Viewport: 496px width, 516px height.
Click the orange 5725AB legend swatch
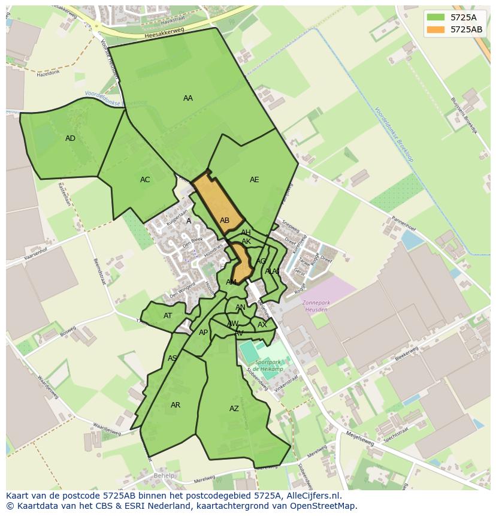coord(436,29)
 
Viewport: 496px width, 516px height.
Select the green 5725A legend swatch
coord(436,17)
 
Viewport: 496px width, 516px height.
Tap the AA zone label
coord(188,98)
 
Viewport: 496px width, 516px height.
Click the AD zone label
coord(70,138)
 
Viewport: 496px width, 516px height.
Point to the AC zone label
coord(145,180)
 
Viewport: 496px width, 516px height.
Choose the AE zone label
coord(255,180)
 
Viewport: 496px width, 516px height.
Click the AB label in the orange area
coord(225,221)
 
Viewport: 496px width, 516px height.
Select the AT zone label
coord(168,316)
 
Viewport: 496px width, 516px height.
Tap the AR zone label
coord(176,405)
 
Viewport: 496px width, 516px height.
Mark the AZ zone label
coord(234,409)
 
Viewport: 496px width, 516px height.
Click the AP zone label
coord(203,333)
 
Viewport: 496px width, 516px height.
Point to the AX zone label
coord(262,325)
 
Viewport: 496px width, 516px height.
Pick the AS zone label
coord(173,358)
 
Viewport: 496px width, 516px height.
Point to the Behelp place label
coord(164,476)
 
